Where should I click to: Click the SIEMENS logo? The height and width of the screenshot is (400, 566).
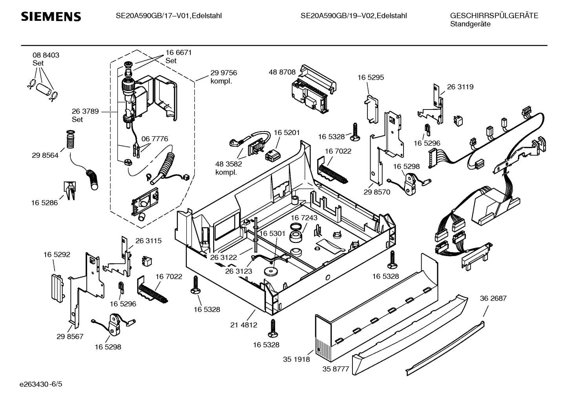[51, 16]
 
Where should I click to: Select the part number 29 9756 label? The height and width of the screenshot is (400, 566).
[223, 73]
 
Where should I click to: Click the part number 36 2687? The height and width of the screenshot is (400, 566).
[493, 298]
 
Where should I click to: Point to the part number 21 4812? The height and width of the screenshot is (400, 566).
[243, 325]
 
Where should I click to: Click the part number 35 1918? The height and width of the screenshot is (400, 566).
[296, 359]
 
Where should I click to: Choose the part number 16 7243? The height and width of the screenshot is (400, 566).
[304, 217]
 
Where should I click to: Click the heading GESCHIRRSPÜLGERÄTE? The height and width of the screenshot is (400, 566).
[494, 16]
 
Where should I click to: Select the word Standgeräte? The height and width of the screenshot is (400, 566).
[470, 24]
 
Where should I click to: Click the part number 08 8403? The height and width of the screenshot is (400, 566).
[46, 55]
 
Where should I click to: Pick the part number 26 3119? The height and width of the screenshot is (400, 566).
[460, 87]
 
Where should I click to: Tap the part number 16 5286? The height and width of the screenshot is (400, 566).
[44, 203]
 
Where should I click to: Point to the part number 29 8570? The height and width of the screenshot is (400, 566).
[377, 192]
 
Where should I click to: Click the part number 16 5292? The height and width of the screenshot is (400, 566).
[57, 255]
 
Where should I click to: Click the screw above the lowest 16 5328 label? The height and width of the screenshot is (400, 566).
[272, 328]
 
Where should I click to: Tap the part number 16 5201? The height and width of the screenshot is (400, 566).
[287, 133]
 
